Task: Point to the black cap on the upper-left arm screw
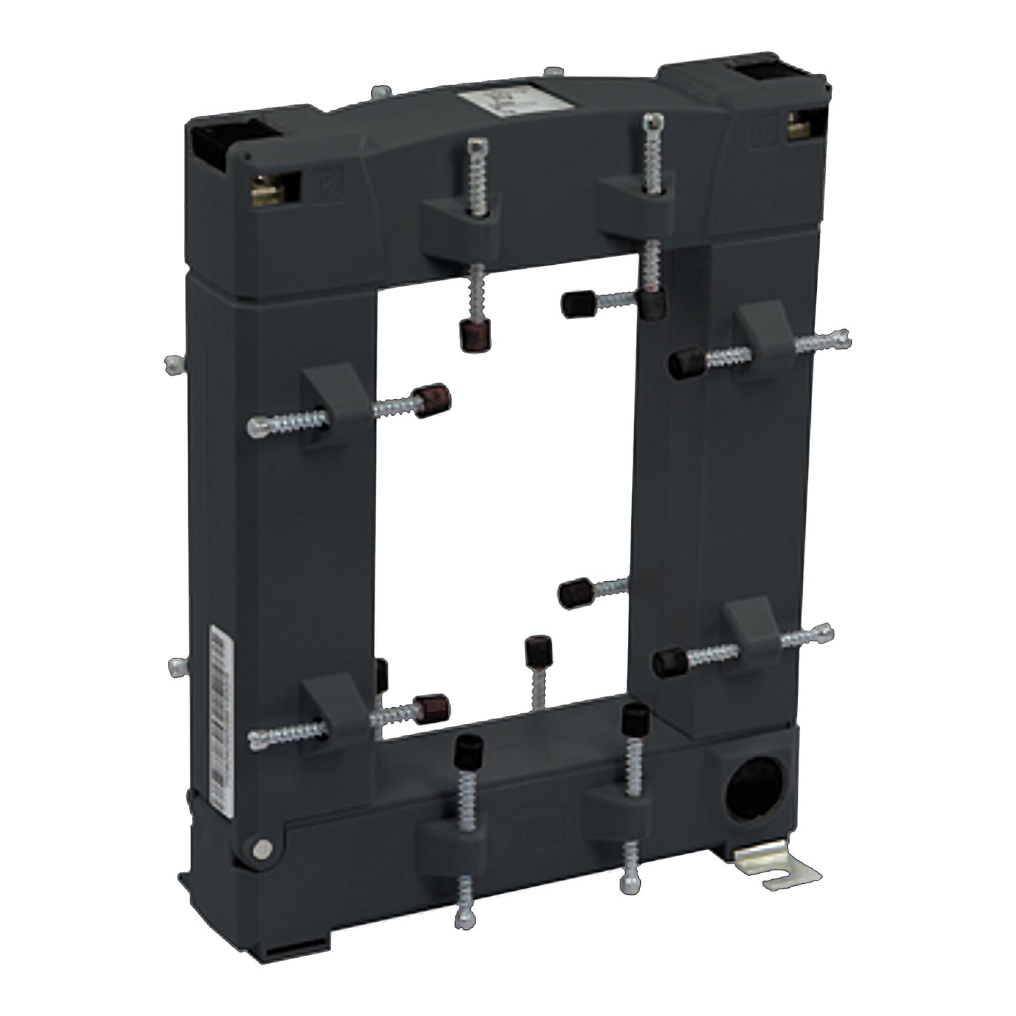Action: point(429,400)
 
